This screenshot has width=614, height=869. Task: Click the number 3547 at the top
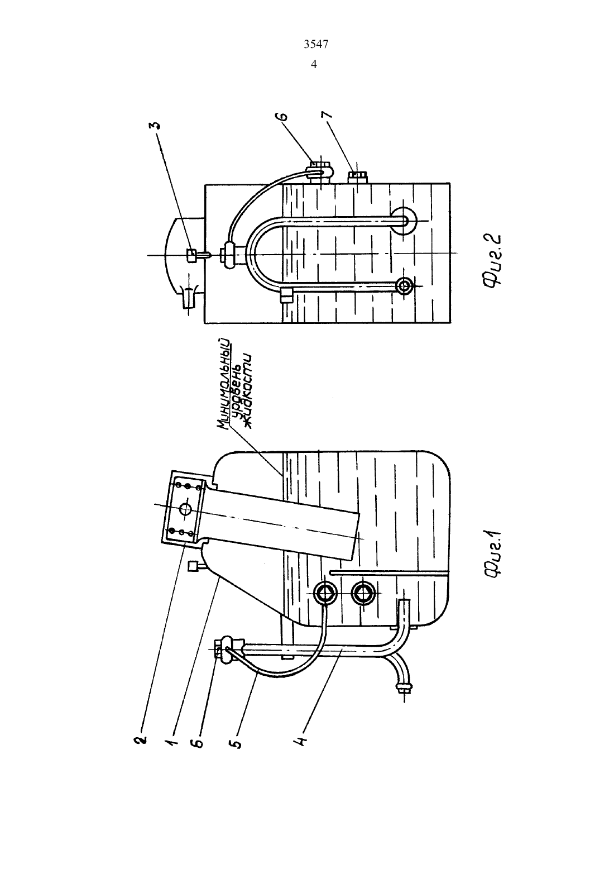pos(315,45)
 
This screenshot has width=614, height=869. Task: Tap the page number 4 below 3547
pos(314,64)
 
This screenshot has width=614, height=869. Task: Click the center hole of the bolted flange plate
pos(186,509)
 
